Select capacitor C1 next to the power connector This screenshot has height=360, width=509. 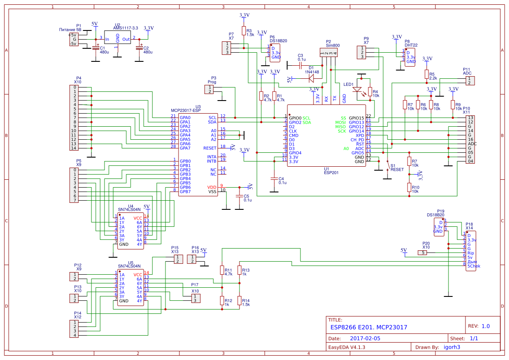95,47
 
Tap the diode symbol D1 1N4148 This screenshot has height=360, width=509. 311,78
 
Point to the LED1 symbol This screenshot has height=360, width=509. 357,91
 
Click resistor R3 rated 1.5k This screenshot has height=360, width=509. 245,33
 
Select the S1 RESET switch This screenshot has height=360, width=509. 388,166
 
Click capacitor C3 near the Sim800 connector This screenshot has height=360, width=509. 300,65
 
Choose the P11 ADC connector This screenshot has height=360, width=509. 470,81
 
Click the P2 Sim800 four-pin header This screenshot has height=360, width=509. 329,53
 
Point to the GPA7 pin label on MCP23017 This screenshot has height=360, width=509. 185,148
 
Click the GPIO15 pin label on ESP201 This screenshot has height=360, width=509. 356,118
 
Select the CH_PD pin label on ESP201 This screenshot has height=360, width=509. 357,140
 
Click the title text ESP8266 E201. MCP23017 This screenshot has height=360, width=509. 369,327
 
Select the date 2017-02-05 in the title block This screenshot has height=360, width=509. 365,338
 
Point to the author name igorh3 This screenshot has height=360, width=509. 452,347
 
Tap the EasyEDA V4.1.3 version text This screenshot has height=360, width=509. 347,347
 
